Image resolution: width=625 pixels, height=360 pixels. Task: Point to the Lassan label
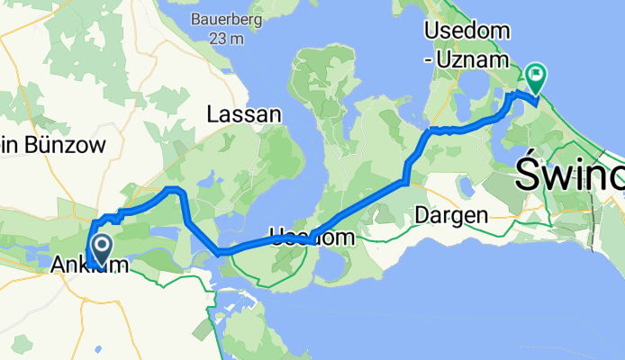pyautogui.click(x=243, y=115)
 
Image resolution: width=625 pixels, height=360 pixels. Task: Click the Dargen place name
pyautogui.click(x=450, y=216)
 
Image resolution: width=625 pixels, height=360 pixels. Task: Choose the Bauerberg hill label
pyautogui.click(x=221, y=18)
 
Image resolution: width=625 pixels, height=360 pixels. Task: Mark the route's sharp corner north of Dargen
pyautogui.click(x=406, y=183)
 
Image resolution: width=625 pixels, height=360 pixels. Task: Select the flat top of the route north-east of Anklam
pyautogui.click(x=171, y=188)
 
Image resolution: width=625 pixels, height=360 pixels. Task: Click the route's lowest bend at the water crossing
pyautogui.click(x=219, y=253)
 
